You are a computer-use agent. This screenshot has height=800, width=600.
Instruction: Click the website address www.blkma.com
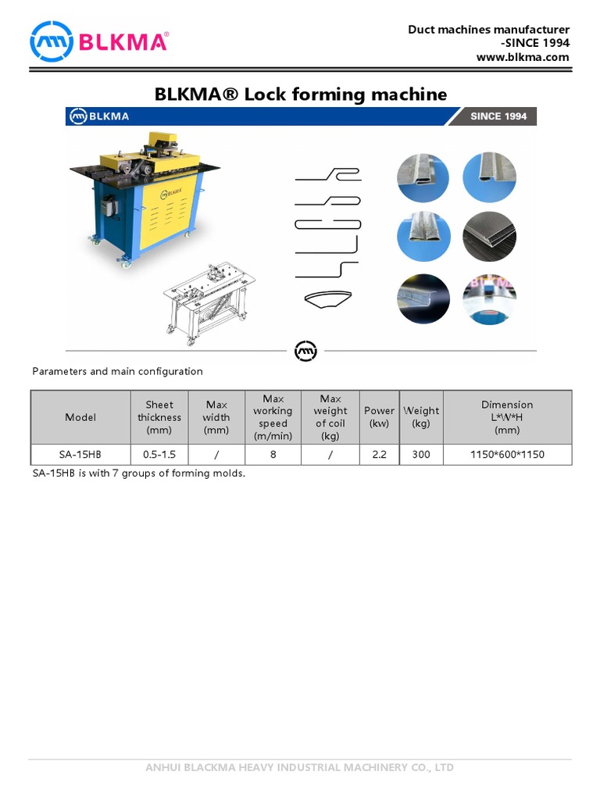tap(523, 57)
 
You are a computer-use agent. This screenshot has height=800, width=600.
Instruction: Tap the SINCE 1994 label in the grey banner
tap(498, 116)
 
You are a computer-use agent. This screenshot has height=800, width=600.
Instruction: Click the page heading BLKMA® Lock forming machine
tap(301, 95)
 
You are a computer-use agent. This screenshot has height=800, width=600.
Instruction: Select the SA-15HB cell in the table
tap(80, 454)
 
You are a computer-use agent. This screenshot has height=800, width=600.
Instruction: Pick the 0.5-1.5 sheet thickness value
tap(159, 454)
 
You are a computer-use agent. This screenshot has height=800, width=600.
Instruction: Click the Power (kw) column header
tap(380, 417)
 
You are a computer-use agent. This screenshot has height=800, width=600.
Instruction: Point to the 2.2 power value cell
tap(380, 454)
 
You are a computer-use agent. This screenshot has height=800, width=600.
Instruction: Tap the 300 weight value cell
tap(421, 454)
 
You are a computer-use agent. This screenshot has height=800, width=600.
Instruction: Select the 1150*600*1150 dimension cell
tap(507, 454)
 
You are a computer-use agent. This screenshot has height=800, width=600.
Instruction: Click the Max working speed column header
tap(273, 417)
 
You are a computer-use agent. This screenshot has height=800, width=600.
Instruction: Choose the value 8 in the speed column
tap(273, 454)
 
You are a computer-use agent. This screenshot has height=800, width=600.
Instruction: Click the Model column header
tap(80, 417)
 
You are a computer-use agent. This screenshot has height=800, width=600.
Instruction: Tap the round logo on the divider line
tap(305, 351)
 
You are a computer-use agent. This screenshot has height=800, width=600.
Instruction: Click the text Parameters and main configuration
tap(117, 371)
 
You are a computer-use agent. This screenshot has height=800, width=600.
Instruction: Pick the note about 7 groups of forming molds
tap(139, 473)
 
